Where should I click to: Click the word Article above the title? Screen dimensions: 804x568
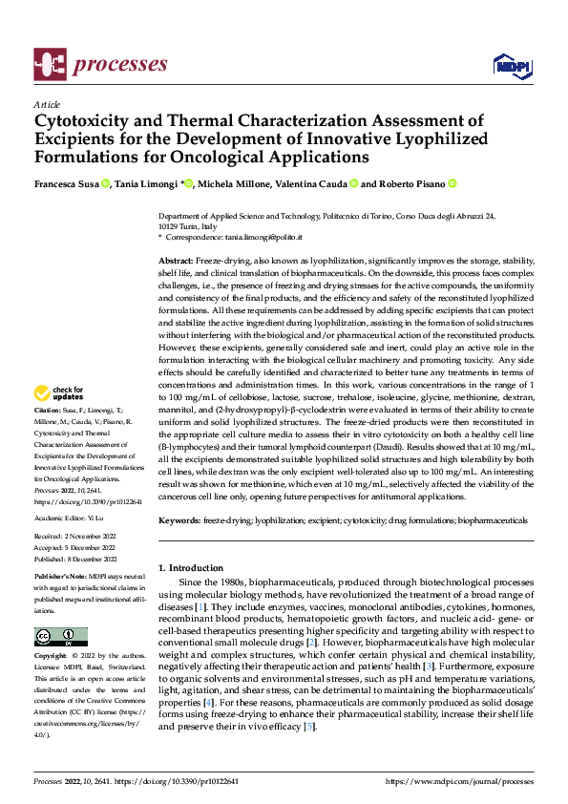click(x=47, y=105)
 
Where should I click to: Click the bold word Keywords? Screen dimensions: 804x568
click(x=179, y=520)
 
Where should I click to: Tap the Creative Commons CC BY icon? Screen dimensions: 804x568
click(x=60, y=637)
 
